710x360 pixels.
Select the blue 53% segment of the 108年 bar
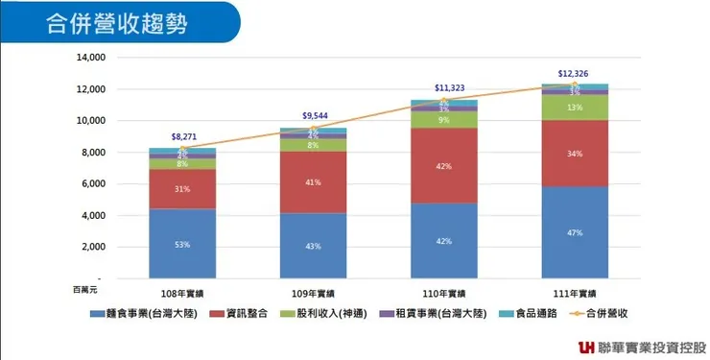coord(181,244)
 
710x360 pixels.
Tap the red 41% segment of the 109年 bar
coord(313,181)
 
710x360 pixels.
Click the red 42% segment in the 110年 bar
coord(443,165)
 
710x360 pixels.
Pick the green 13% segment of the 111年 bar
coord(574,108)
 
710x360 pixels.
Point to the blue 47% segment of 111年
coord(574,232)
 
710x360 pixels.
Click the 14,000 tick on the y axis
coord(90,58)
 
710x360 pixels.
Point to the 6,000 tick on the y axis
coord(94,184)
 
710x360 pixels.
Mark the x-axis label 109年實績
coord(313,293)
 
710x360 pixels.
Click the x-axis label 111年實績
coord(574,293)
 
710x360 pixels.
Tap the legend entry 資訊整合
coord(252,314)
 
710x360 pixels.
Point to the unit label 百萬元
coord(85,287)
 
